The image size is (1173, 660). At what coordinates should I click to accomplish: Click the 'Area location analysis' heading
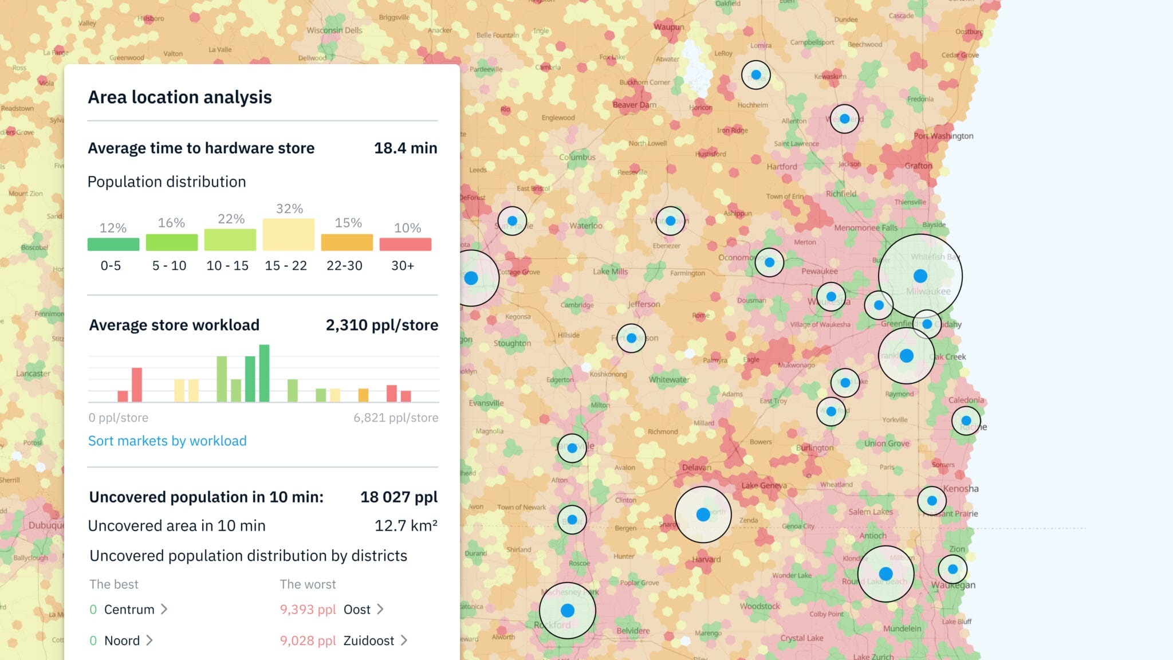[179, 97]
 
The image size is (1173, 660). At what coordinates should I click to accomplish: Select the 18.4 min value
[405, 148]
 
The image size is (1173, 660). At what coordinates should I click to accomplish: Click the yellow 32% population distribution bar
[289, 234]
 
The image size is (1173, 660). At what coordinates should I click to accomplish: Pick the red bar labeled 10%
[405, 244]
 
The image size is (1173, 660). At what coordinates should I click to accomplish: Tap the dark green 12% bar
[113, 244]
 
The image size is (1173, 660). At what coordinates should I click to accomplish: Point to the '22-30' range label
[344, 266]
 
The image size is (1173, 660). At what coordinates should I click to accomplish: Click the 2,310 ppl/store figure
[381, 325]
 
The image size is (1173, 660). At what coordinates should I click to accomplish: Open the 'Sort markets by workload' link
[167, 441]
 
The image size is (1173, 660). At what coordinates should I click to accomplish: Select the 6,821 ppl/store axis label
[395, 418]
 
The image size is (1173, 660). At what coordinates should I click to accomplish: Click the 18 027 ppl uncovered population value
[399, 497]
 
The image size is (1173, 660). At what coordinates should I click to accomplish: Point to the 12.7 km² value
[406, 525]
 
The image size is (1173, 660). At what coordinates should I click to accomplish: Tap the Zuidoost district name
[369, 641]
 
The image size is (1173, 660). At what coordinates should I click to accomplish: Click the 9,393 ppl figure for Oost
[308, 610]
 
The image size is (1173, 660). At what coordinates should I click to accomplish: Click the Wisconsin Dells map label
[334, 30]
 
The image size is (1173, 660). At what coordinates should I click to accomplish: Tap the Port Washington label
[943, 136]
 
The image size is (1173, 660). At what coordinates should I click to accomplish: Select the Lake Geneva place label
[764, 485]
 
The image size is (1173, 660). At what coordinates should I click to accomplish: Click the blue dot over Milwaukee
[920, 276]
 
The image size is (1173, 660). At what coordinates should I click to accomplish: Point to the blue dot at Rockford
[568, 610]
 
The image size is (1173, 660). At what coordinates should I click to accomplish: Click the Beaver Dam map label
[635, 105]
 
